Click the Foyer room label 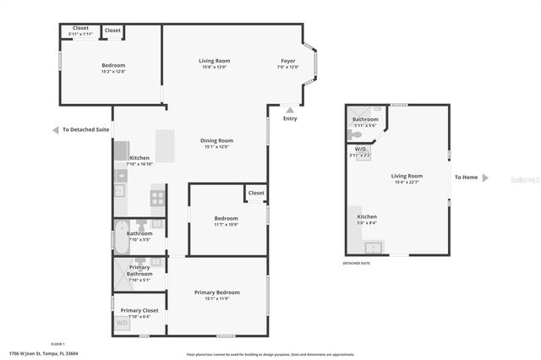288,61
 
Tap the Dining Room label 217,140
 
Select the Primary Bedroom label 217,292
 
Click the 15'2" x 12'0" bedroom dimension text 113,72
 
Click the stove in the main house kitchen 157,198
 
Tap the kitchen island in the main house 164,145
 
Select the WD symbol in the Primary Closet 122,323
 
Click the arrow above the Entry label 290,109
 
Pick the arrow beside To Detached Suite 56,130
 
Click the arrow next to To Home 484,177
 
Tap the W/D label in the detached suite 359,150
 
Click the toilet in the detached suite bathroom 357,134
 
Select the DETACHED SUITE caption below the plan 356,264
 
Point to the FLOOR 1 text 57,344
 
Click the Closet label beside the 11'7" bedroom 256,193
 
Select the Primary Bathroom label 139,270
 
